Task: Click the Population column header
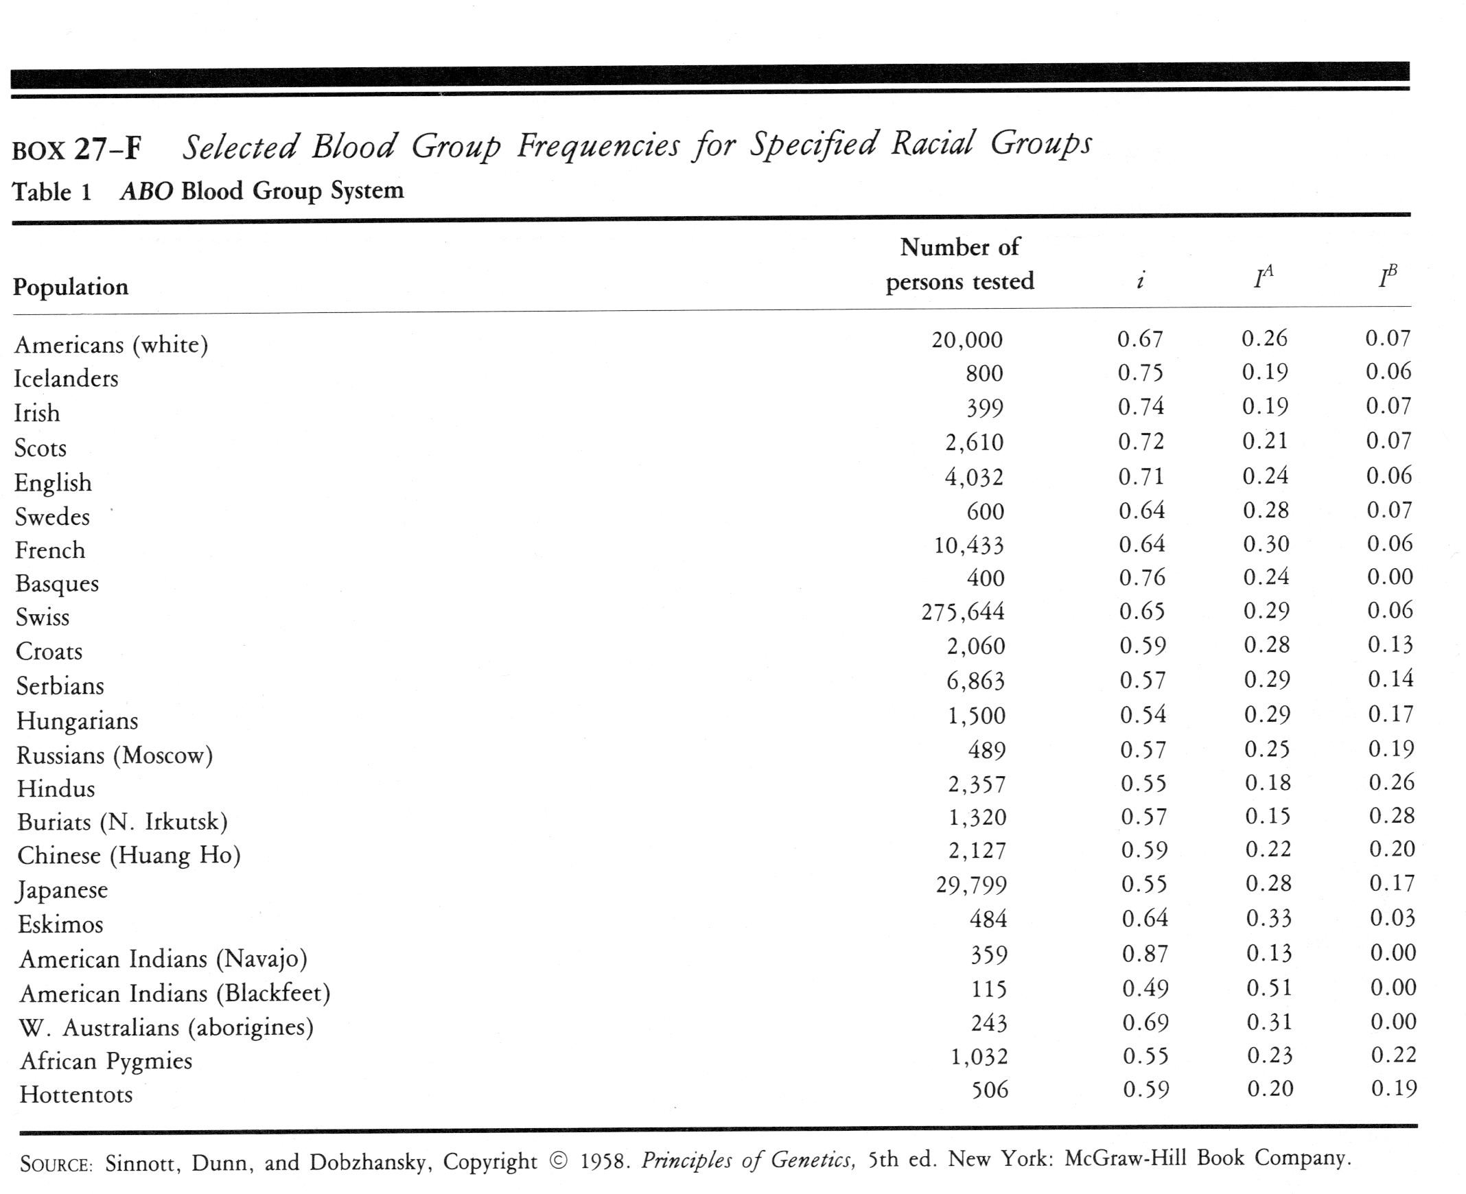point(70,287)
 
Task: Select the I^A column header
point(1263,277)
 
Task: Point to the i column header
point(1140,280)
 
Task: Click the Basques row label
point(57,584)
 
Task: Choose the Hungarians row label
point(77,721)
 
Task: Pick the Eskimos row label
point(60,924)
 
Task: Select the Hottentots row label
point(75,1094)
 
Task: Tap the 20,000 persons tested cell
point(966,339)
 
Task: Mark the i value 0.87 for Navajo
point(1145,954)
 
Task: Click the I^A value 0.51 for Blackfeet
point(1269,988)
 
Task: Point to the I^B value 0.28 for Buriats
point(1392,816)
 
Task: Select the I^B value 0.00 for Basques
point(1390,576)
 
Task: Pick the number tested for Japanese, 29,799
point(970,885)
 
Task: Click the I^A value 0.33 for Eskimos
point(1268,918)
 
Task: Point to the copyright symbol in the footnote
point(559,1162)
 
